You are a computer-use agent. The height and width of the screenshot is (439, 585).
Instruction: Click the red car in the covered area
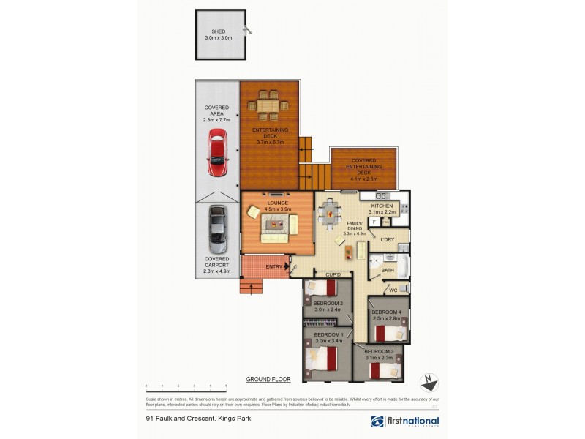click(217, 152)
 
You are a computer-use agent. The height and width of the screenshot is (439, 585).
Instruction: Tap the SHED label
click(219, 34)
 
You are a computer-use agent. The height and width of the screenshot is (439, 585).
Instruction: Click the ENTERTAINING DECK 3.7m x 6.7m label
click(271, 137)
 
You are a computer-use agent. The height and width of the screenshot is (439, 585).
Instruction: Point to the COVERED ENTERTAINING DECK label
click(363, 167)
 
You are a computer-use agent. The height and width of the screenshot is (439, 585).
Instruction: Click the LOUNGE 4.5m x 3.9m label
click(277, 205)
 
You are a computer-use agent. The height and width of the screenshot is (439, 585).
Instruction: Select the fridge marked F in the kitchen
click(374, 222)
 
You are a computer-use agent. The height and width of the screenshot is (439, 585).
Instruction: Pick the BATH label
click(388, 270)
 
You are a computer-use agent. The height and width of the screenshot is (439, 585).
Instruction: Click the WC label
click(393, 290)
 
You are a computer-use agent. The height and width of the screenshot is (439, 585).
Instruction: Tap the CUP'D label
click(322, 274)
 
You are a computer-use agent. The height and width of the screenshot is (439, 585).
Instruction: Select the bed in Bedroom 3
click(380, 369)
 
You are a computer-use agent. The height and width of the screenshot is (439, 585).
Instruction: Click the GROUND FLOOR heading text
click(268, 380)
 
